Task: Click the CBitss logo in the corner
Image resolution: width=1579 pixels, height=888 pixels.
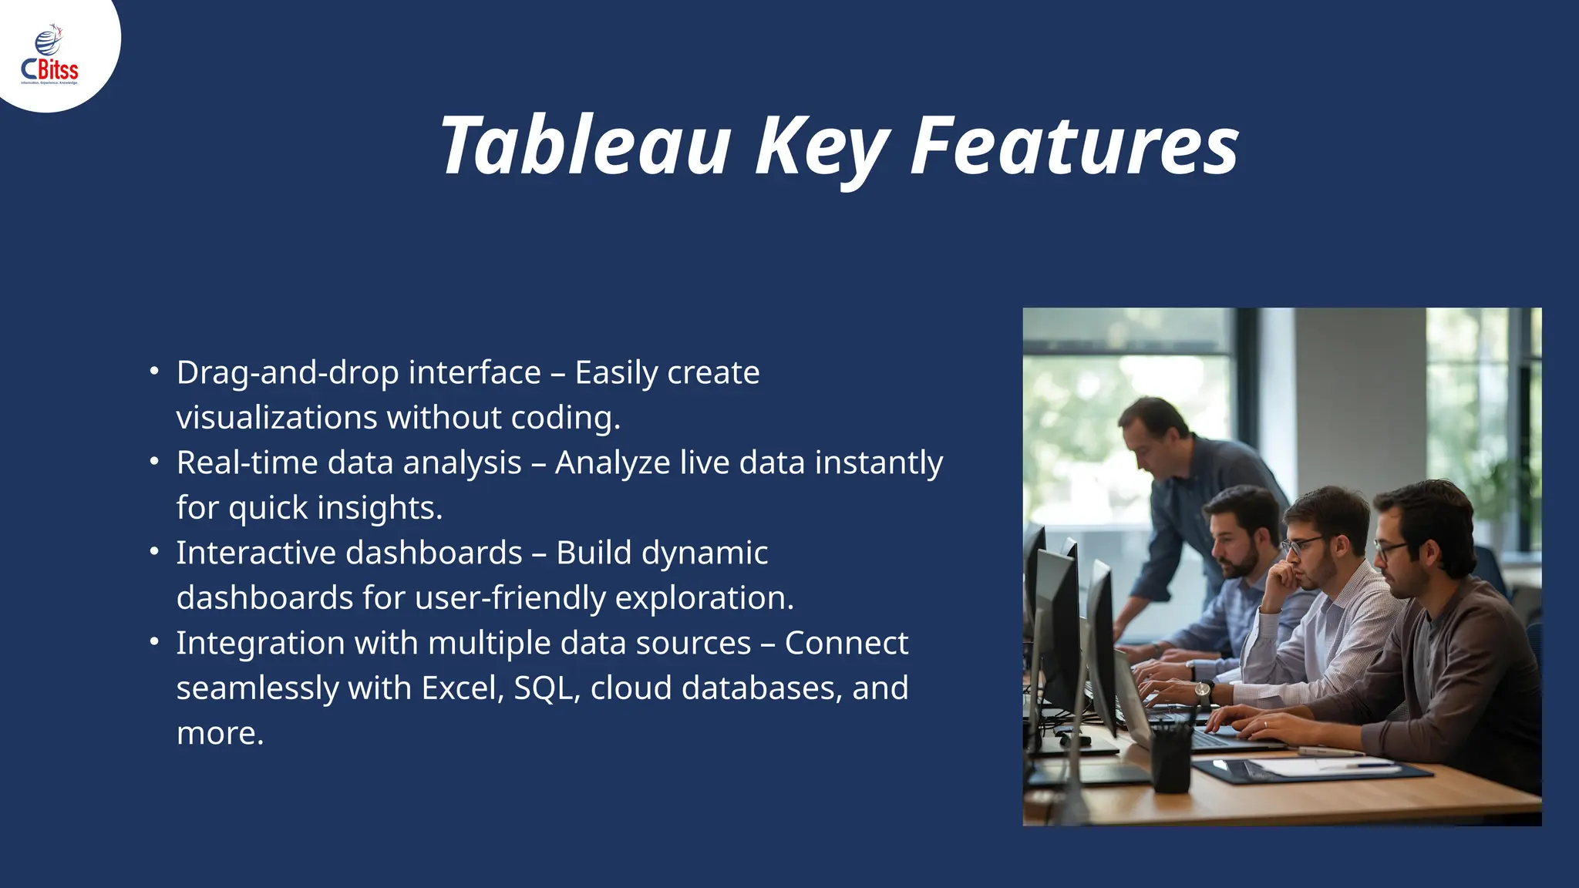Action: point(49,55)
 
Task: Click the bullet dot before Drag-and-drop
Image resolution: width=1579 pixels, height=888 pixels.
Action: point(154,372)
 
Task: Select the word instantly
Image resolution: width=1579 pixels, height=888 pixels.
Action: point(878,463)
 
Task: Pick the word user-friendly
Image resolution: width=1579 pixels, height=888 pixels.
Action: point(510,598)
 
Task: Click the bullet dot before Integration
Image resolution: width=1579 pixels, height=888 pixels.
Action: point(154,642)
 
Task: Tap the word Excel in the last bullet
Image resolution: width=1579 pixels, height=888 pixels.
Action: point(462,688)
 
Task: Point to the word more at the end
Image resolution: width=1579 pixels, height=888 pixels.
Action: point(219,733)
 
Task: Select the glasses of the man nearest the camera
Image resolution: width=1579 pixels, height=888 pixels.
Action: point(1392,550)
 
